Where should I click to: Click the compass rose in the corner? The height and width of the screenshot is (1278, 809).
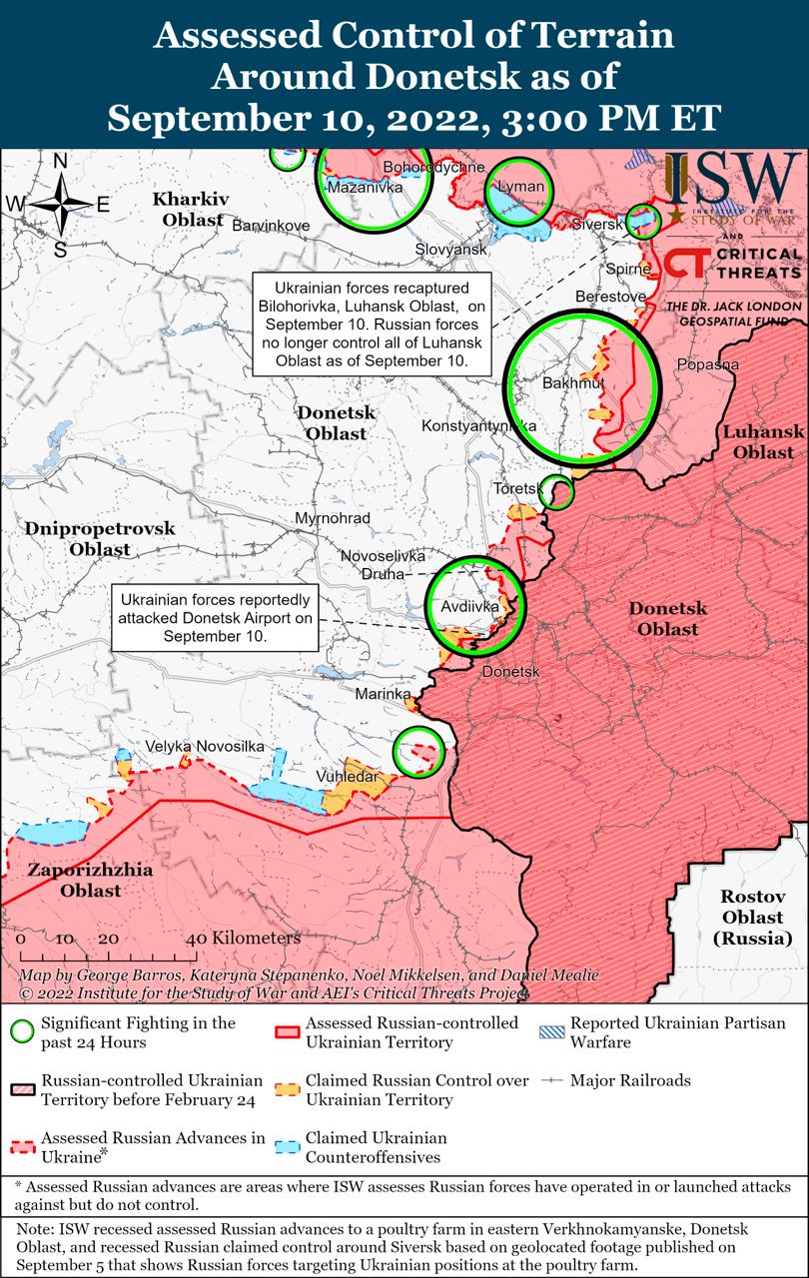(60, 204)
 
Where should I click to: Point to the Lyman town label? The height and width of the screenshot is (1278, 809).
(520, 187)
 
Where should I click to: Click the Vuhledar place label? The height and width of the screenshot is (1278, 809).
(347, 777)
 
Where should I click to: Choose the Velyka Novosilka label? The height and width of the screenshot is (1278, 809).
(204, 747)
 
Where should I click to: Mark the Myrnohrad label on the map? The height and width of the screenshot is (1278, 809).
(333, 518)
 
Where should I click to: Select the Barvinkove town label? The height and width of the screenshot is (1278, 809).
(271, 226)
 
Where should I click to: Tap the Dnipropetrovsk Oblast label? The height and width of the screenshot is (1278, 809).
(100, 538)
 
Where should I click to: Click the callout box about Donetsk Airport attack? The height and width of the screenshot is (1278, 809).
(216, 619)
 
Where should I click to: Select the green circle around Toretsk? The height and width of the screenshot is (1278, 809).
(558, 491)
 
